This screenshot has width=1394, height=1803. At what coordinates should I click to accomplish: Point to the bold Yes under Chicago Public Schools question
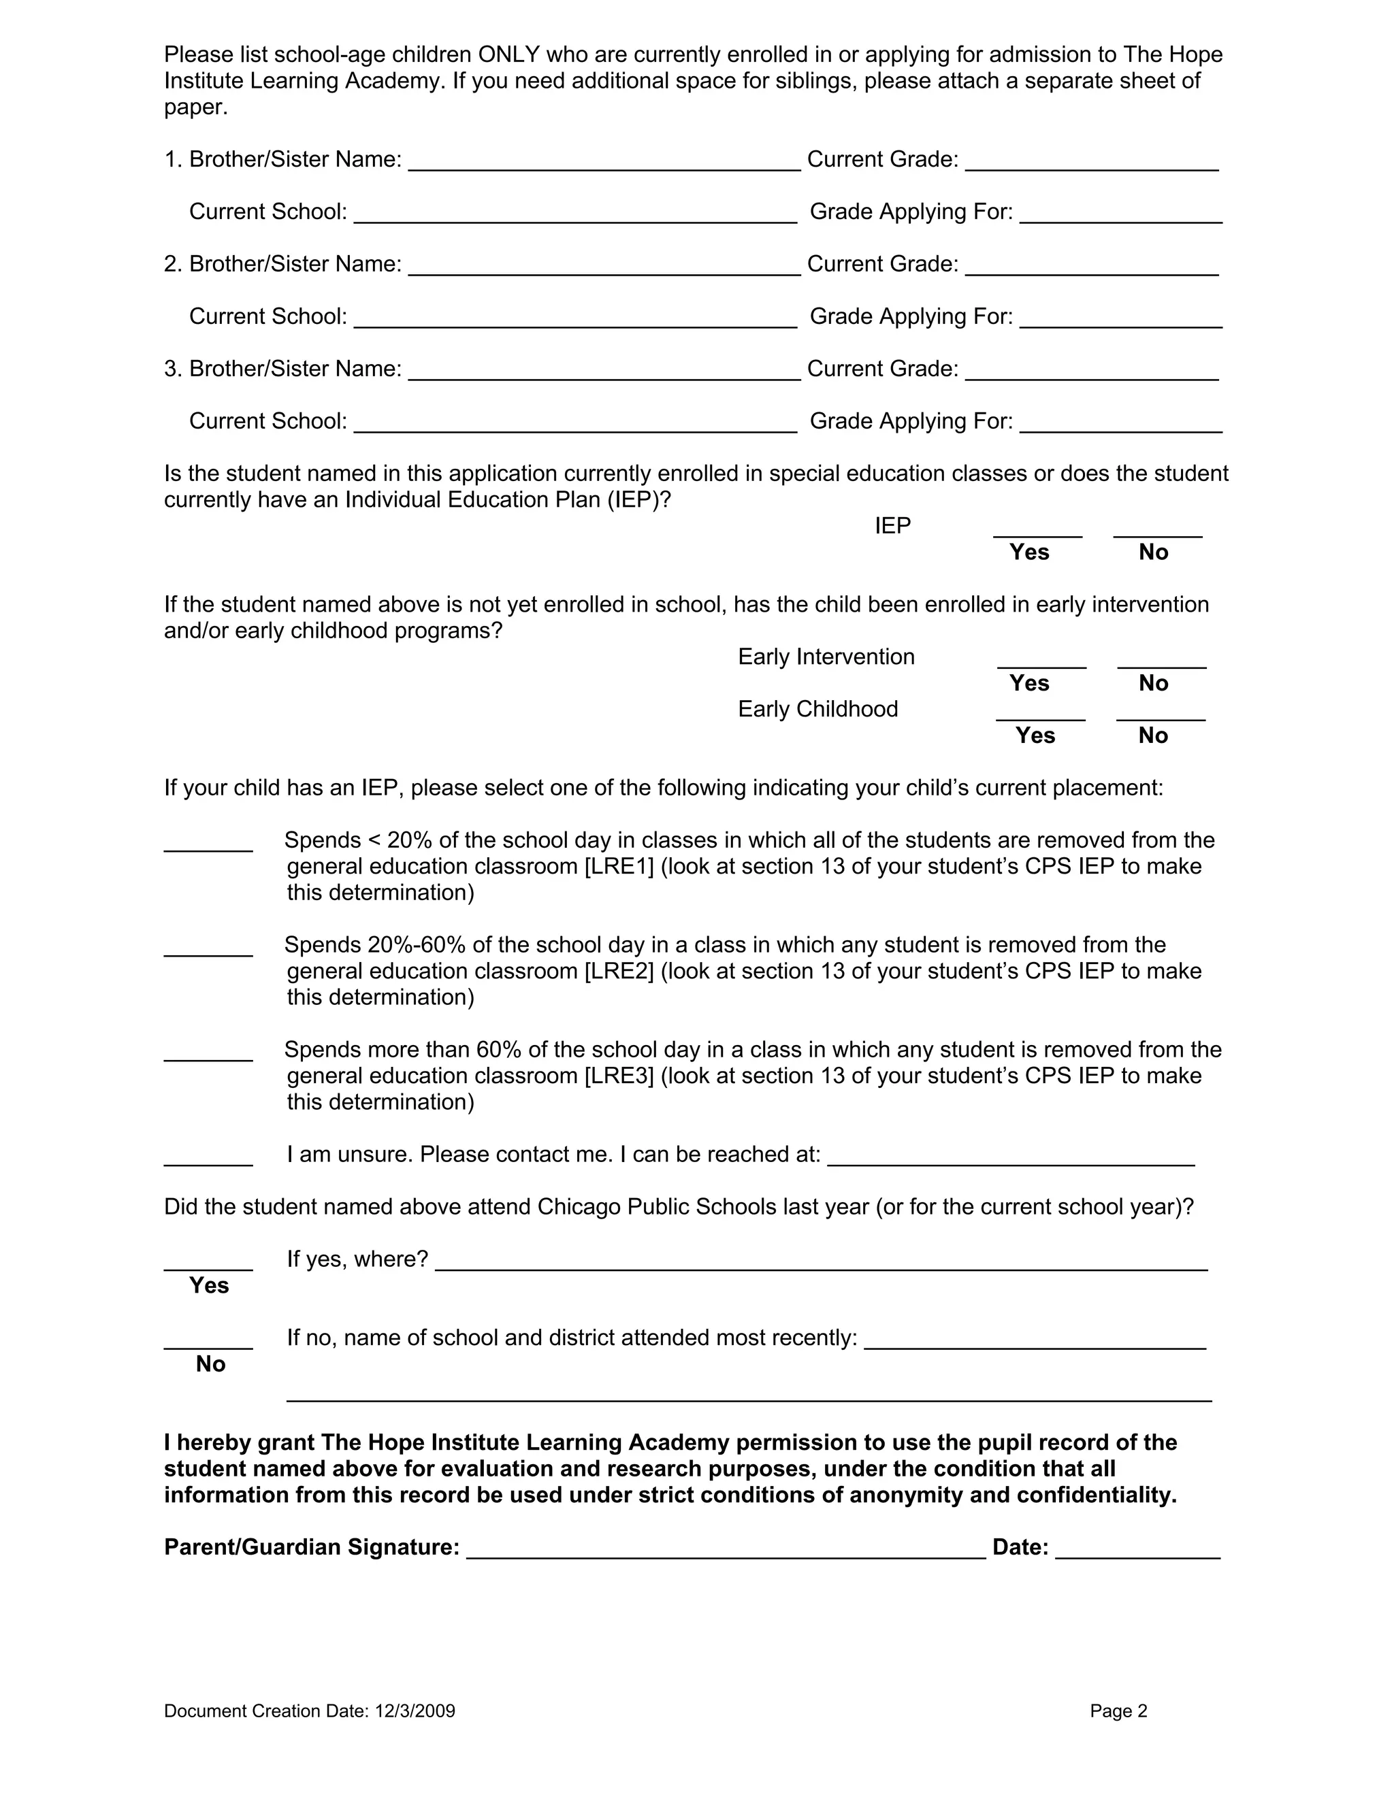tap(209, 1285)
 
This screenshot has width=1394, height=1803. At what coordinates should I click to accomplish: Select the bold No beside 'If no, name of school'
tap(210, 1363)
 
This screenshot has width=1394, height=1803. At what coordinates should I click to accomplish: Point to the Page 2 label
tap(1118, 1711)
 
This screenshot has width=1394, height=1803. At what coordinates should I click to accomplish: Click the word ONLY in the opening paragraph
tap(508, 54)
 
